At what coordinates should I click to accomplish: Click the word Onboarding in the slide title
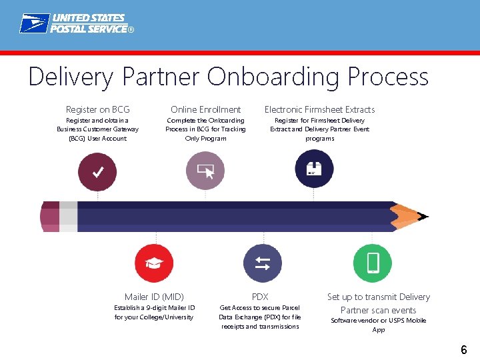pos(273,77)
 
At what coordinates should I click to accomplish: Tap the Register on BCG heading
pos(98,109)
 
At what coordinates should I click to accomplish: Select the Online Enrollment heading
pos(205,109)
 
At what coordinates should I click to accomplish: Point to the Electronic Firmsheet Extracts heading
pos(319,109)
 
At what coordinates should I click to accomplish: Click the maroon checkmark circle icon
pos(97,172)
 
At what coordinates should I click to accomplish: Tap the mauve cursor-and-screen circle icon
pos(205,172)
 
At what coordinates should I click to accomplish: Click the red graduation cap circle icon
pos(154,263)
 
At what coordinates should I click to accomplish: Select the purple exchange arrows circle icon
pos(262,263)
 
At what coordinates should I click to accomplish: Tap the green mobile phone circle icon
pos(373,263)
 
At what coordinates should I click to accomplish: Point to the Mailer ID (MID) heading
pos(154,297)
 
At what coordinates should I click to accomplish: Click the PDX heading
pos(260,297)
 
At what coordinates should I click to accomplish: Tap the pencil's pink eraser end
pos(50,217)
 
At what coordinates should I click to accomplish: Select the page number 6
pos(464,349)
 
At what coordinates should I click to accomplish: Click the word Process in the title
pos(387,77)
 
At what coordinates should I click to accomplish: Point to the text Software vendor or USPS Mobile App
pos(378,325)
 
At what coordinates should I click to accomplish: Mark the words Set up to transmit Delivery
pos(378,297)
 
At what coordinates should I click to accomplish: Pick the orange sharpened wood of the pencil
pos(405,214)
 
